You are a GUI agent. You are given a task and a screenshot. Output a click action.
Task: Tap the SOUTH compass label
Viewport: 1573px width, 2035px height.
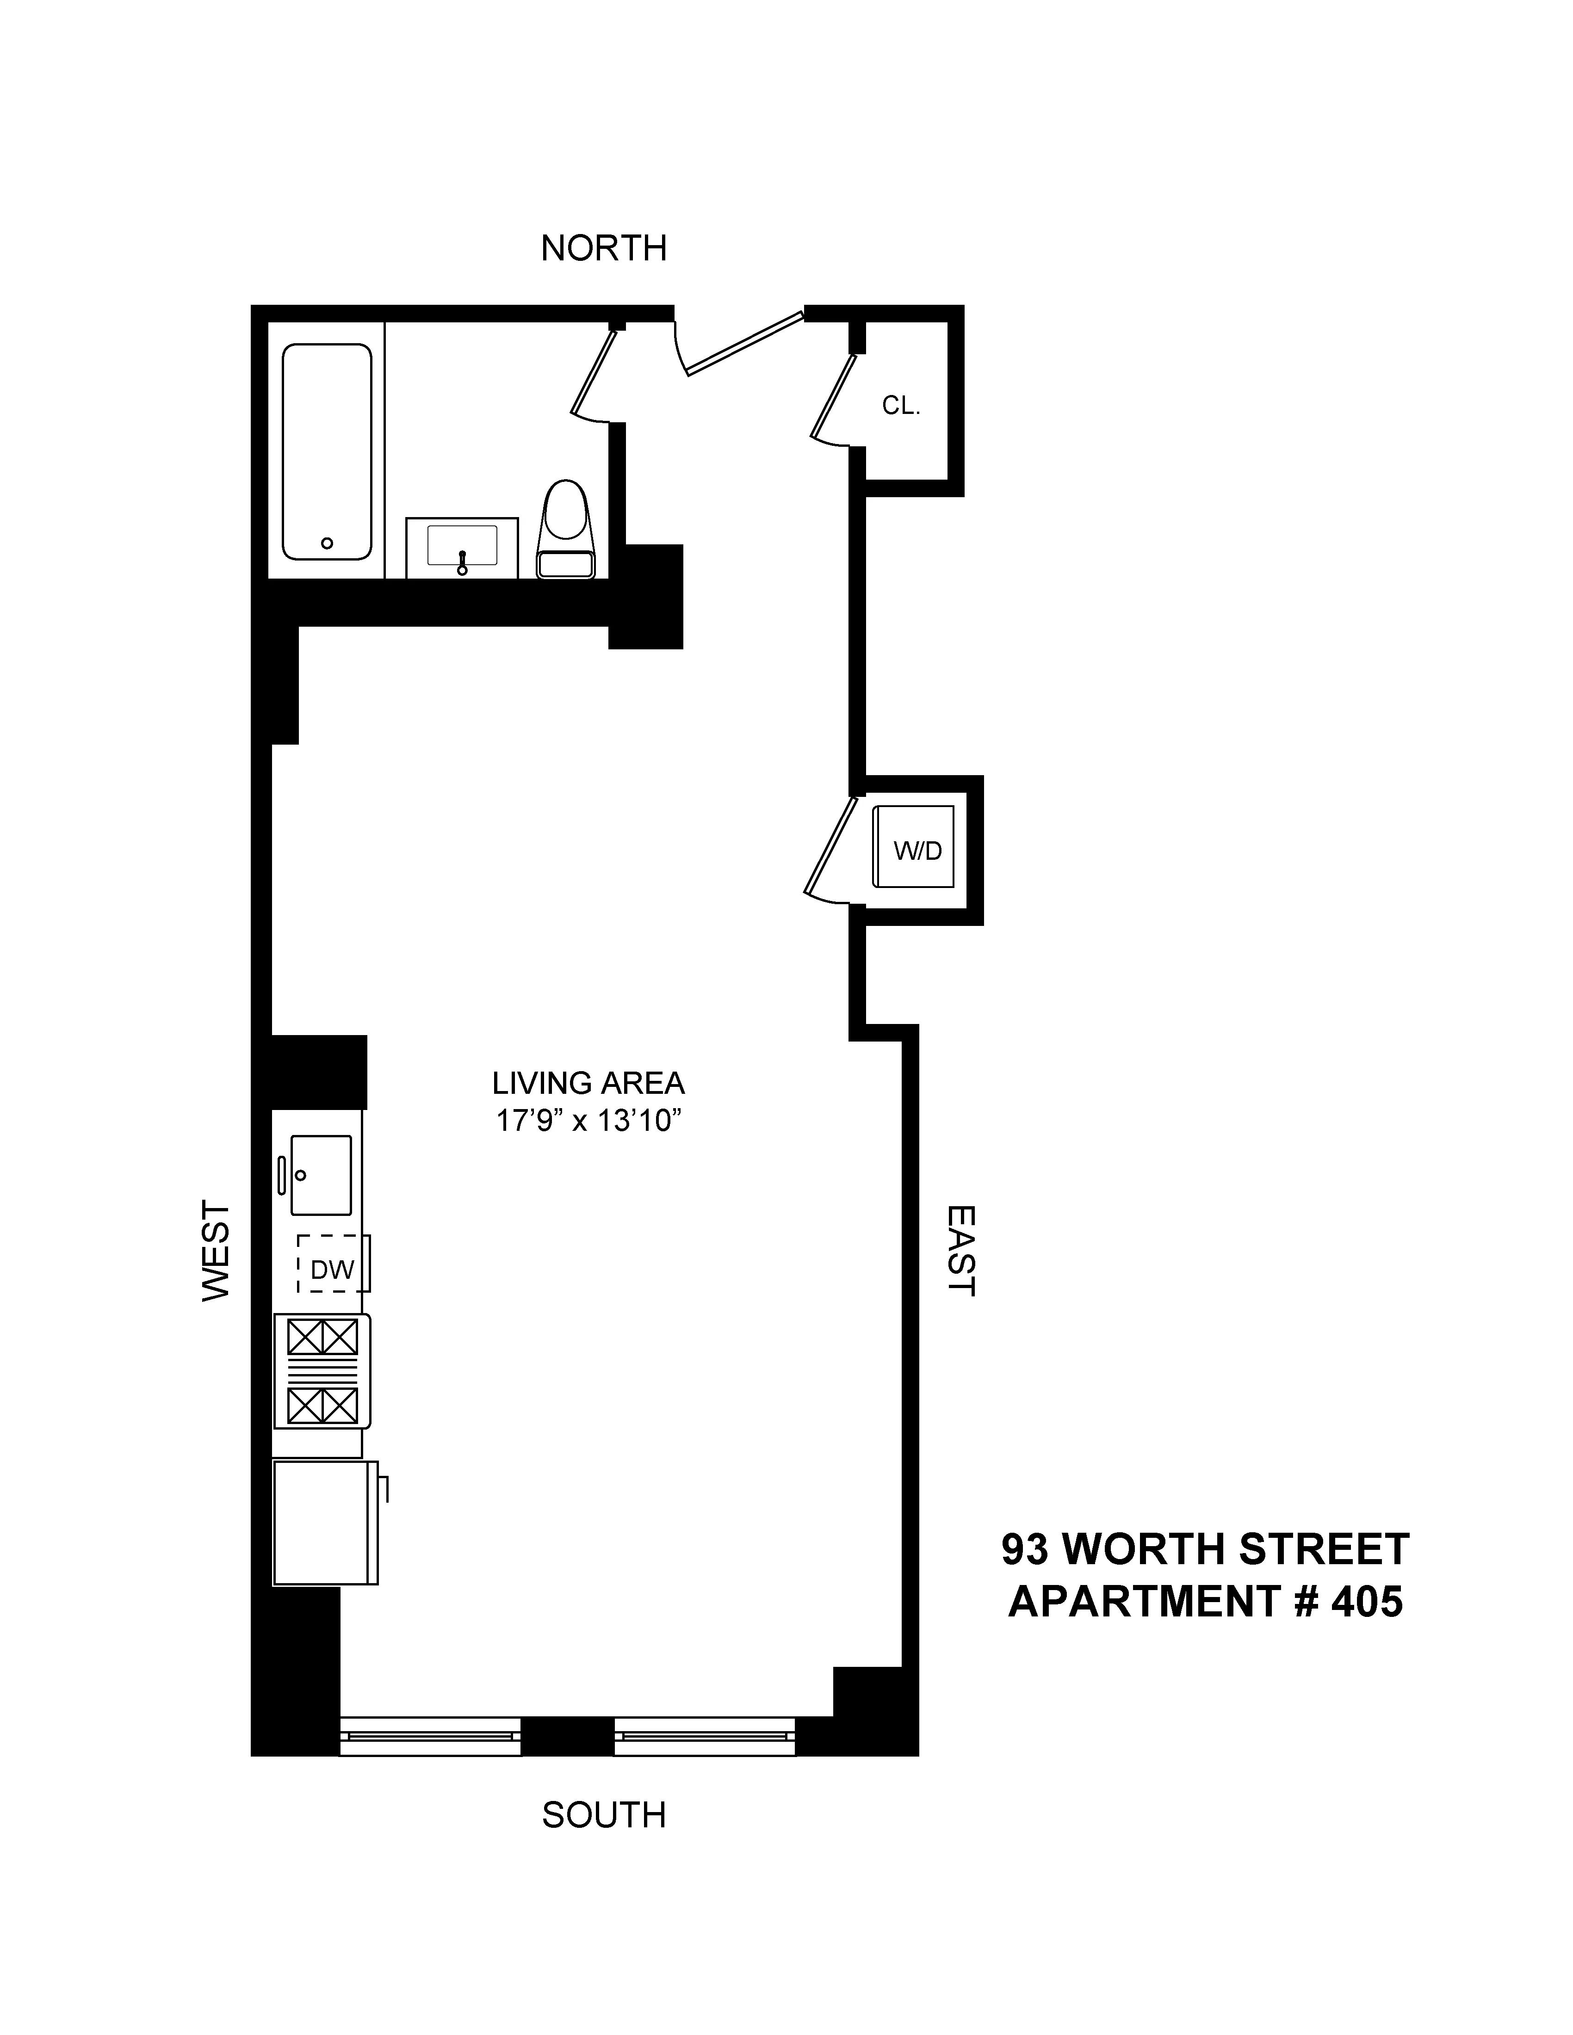(x=604, y=1815)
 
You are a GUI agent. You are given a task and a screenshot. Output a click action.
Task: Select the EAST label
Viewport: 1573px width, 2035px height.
(x=961, y=1251)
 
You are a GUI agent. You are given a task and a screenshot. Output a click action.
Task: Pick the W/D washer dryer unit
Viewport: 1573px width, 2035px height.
(x=914, y=846)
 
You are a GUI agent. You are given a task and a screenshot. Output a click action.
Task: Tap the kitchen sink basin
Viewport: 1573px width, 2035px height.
(x=322, y=1175)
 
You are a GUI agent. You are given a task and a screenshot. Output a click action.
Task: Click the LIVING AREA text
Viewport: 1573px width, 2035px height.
(x=588, y=1083)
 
